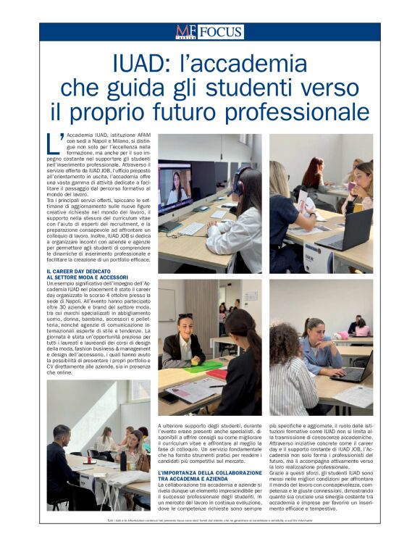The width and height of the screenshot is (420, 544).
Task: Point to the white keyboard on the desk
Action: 190,229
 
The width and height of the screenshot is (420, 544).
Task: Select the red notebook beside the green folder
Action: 216,374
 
